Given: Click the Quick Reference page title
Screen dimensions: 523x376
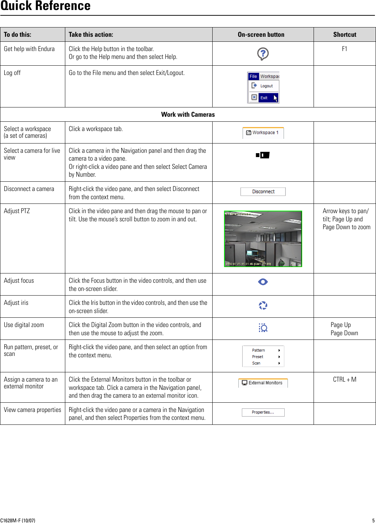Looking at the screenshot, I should point(46,6).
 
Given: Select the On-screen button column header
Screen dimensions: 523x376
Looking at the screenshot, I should point(261,35).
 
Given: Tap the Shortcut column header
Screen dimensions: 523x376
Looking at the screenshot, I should point(344,35).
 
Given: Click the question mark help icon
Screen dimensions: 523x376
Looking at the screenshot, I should point(263,54).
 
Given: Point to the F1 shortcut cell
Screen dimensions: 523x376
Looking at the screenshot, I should point(344,49).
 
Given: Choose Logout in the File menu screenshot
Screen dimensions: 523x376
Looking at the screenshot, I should point(266,86).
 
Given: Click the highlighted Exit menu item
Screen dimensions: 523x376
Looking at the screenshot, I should point(264,97).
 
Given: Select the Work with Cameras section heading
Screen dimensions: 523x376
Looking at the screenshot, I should point(188,115).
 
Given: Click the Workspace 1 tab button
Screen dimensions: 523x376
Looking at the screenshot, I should point(263,133).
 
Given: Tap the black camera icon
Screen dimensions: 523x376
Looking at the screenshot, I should point(263,155).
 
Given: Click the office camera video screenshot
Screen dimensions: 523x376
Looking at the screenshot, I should point(263,238).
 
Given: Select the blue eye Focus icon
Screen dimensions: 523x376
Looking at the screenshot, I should point(263,282).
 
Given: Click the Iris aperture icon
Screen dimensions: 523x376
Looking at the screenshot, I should point(263,306).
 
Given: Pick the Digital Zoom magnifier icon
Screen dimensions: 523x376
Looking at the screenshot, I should point(263,328).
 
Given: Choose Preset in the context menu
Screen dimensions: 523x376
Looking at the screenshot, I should point(258,357).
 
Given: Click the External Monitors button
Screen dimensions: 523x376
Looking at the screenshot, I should point(263,383).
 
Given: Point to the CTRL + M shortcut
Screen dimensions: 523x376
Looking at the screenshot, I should point(344,379).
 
